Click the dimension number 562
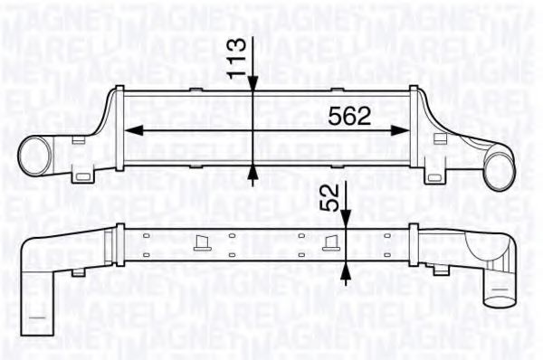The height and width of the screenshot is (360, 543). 349,115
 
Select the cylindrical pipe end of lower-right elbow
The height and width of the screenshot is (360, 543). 496,294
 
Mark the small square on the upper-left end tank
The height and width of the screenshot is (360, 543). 77,138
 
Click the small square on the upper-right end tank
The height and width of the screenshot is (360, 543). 441,138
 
